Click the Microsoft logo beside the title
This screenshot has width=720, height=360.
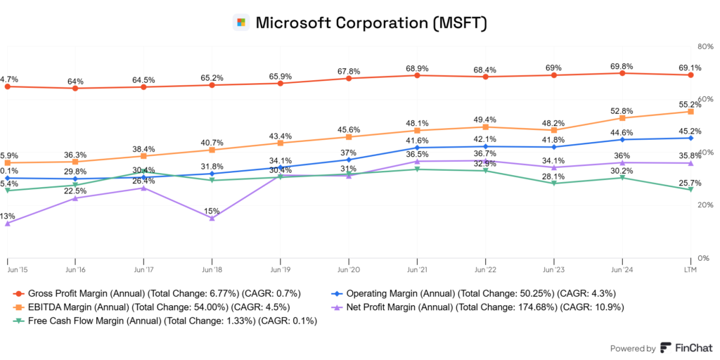[x=241, y=22]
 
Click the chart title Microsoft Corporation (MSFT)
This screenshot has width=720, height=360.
[x=371, y=22]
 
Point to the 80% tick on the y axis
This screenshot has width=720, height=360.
[x=704, y=46]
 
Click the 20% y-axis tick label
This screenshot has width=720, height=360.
[x=704, y=205]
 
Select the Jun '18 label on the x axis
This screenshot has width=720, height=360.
[x=212, y=269]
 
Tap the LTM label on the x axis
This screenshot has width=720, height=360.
[x=690, y=269]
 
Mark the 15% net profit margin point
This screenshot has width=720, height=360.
[x=212, y=219]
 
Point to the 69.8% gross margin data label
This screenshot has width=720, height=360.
[x=622, y=65]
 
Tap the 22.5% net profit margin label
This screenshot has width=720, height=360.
[x=75, y=191]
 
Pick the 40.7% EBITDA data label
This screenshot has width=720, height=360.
[x=212, y=142]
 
